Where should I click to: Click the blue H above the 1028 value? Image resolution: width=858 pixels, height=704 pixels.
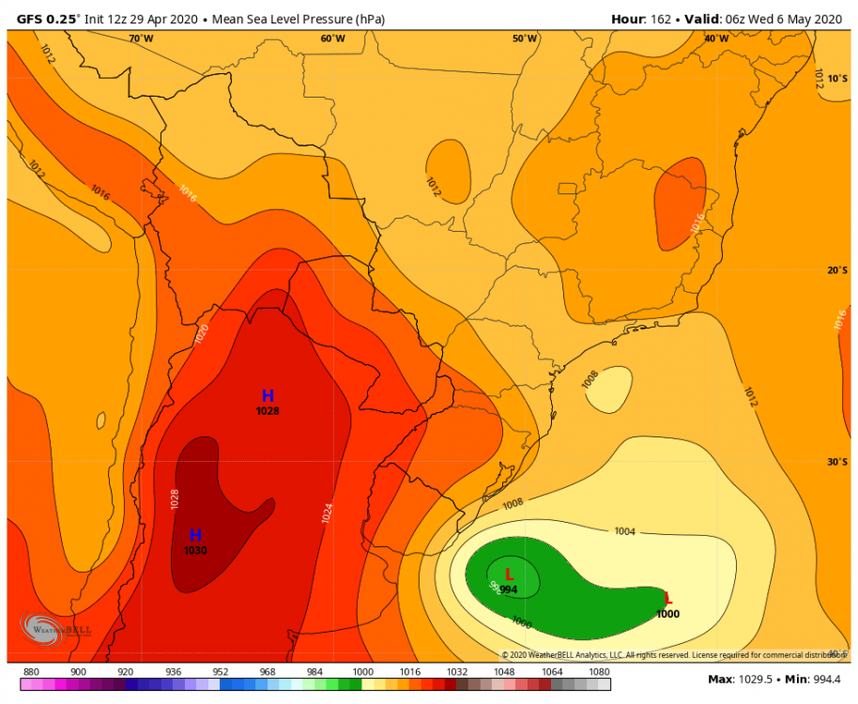(268, 396)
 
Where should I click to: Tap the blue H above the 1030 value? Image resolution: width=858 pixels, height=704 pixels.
(195, 535)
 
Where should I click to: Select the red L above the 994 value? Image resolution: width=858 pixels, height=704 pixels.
(509, 574)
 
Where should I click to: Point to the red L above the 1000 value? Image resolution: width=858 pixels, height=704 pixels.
(667, 599)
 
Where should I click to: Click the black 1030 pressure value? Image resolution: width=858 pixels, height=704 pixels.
(195, 551)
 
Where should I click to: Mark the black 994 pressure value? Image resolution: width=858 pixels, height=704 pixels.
(509, 589)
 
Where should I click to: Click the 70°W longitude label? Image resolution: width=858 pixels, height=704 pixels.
(141, 38)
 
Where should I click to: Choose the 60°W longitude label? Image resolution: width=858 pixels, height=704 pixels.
(332, 38)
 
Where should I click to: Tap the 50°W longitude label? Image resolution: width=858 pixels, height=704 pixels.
(525, 38)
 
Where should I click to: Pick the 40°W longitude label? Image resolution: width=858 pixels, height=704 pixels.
(716, 38)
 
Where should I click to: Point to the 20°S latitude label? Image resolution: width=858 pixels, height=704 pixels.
(837, 270)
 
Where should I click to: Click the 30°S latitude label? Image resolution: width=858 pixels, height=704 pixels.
(837, 462)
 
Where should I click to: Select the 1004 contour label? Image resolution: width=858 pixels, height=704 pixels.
(625, 532)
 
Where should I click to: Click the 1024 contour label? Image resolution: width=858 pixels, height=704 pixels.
(327, 513)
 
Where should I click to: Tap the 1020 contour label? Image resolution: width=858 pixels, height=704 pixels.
(202, 334)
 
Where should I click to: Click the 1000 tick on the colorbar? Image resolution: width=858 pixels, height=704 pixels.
(362, 672)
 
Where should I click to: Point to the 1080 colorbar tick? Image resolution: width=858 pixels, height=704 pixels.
(598, 672)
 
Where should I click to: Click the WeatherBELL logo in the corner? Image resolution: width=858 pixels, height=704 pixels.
(56, 628)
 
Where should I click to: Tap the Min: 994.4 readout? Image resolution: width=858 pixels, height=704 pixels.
(813, 680)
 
